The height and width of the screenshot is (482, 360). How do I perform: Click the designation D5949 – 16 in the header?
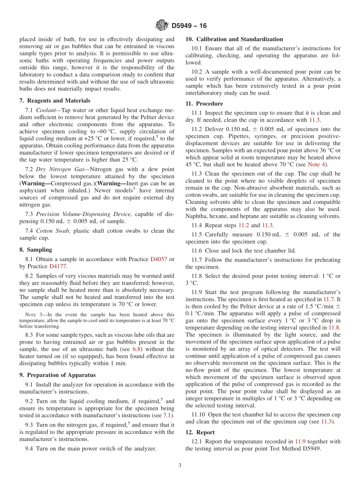(189, 26)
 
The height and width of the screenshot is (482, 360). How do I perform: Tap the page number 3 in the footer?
(180, 466)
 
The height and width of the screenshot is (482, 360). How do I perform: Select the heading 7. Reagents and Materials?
(55, 100)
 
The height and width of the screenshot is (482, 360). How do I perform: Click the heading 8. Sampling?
(36, 250)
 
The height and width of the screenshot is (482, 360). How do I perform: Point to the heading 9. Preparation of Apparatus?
(57, 375)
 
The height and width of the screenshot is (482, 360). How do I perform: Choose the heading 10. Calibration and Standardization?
(234, 39)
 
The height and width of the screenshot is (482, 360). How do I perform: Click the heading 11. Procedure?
(204, 103)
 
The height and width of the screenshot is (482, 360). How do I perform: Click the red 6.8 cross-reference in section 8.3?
(136, 349)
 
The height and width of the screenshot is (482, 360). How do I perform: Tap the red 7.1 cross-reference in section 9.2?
(167, 416)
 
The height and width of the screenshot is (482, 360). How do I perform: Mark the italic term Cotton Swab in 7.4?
(53, 231)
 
